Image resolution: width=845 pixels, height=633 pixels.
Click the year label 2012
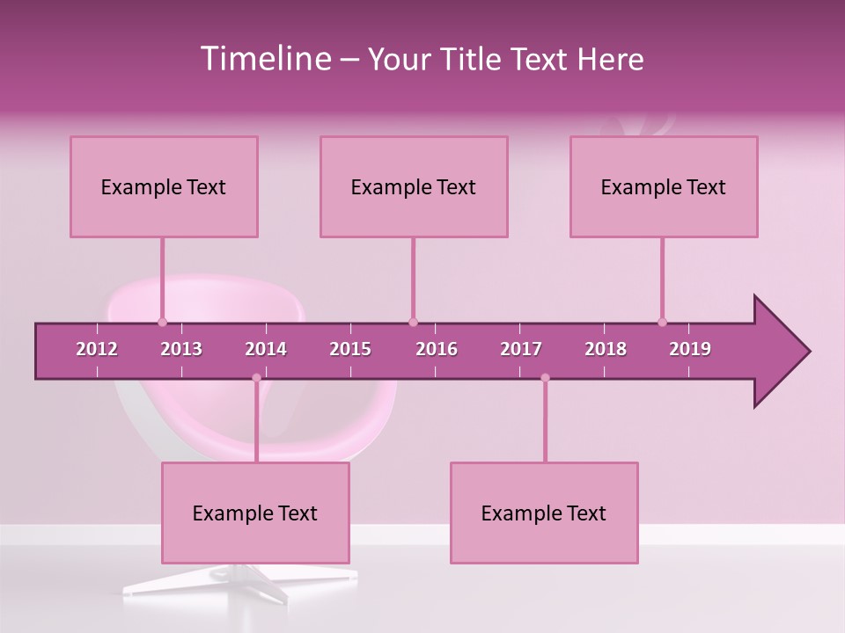pyautogui.click(x=97, y=349)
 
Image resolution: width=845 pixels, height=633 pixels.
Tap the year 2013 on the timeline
pyautogui.click(x=181, y=349)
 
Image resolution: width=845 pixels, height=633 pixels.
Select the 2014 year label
pyautogui.click(x=266, y=349)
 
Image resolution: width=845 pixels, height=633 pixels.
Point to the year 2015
pyautogui.click(x=350, y=349)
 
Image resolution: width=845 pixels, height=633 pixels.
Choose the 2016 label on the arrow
pyautogui.click(x=437, y=349)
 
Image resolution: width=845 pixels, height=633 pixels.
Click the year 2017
pyautogui.click(x=521, y=349)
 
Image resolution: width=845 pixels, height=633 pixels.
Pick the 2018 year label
pyautogui.click(x=606, y=349)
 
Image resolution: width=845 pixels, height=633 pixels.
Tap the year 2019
pyautogui.click(x=690, y=349)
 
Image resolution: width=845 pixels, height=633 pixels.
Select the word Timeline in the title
pyautogui.click(x=264, y=59)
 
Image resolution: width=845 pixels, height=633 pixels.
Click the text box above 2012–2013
pyautogui.click(x=164, y=186)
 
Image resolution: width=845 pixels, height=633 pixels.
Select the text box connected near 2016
pyautogui.click(x=414, y=186)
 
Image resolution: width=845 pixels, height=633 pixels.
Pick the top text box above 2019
pyautogui.click(x=664, y=186)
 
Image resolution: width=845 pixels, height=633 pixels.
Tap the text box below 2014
pyautogui.click(x=255, y=513)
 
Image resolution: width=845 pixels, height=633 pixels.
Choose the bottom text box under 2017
pyautogui.click(x=544, y=513)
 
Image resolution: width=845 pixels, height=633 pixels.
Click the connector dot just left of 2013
pyautogui.click(x=162, y=322)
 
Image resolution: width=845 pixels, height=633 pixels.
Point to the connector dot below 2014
pyautogui.click(x=256, y=378)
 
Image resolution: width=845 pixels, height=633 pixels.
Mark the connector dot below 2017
pyautogui.click(x=545, y=378)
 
